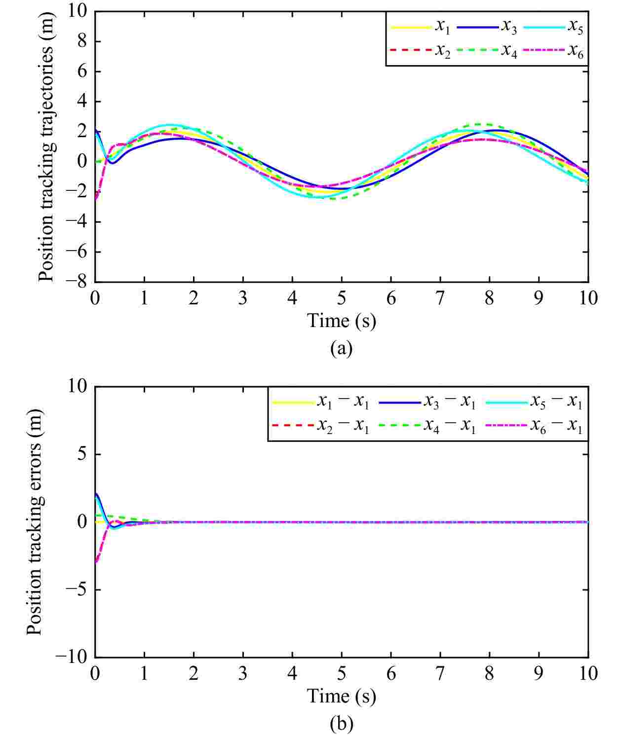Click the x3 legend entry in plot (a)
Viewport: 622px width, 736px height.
click(x=508, y=27)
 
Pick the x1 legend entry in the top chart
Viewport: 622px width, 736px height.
click(x=442, y=27)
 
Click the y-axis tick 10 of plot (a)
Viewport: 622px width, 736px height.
click(x=78, y=11)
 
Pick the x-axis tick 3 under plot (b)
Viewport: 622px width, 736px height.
click(x=243, y=674)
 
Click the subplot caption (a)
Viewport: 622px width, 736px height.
click(x=341, y=348)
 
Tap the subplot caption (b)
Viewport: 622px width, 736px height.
click(x=341, y=723)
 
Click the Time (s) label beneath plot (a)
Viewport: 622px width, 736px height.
click(x=341, y=321)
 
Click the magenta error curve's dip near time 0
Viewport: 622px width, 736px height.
click(x=97, y=561)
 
